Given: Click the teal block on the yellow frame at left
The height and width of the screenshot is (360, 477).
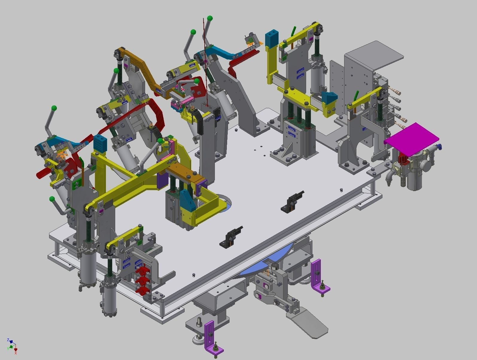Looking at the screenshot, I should click(100, 143).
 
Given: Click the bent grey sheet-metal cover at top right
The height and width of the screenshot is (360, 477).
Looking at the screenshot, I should click(374, 57).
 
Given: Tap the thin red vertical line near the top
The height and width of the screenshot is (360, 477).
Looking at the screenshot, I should click(205, 60).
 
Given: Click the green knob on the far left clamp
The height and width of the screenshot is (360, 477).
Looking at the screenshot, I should click(54, 108).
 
